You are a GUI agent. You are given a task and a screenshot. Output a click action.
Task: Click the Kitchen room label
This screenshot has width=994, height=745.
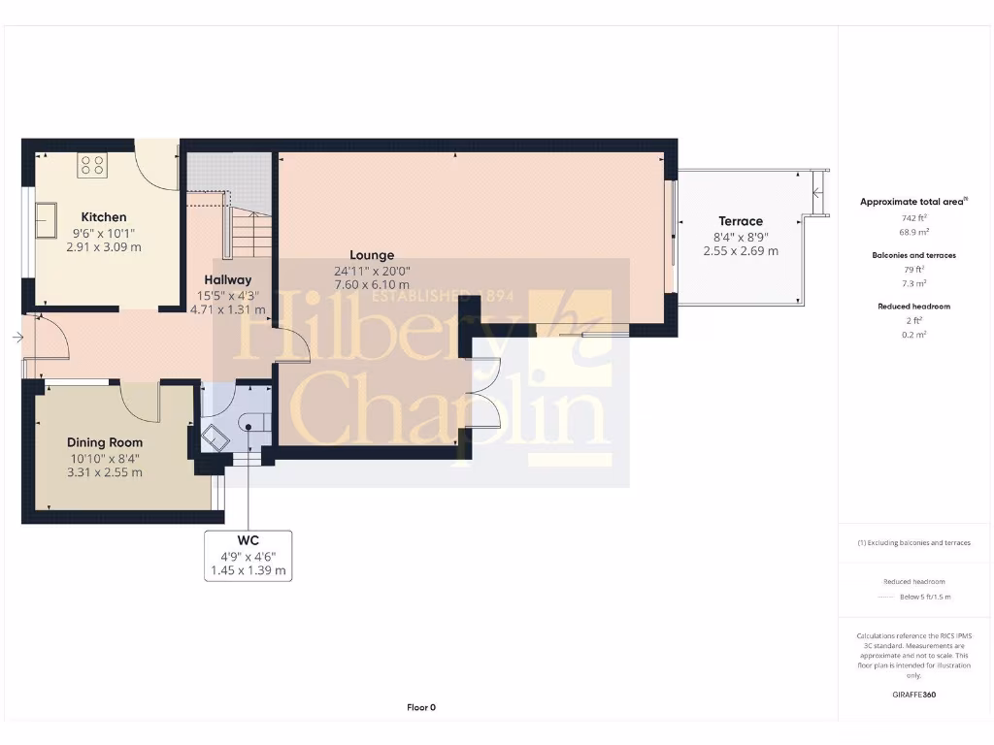point(104,217)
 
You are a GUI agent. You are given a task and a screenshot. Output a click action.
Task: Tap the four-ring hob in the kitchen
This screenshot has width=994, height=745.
point(93,166)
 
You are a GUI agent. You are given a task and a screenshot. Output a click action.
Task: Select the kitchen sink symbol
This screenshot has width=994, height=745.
point(46,221)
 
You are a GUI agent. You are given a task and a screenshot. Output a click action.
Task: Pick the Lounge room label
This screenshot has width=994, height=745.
point(372,256)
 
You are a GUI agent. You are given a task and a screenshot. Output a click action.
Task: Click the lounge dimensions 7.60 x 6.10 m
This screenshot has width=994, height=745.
point(372,285)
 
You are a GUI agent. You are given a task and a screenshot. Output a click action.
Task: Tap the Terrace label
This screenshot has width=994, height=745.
point(741,221)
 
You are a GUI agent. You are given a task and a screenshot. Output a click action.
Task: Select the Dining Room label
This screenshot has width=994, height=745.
point(105,443)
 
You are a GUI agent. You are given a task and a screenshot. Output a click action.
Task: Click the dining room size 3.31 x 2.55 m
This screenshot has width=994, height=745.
point(105,473)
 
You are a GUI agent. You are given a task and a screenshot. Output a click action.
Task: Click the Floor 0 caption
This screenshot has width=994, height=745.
point(421,707)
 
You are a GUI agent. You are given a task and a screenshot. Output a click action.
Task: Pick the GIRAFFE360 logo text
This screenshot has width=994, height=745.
point(913,695)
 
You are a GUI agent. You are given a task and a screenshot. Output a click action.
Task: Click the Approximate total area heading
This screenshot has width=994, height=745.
point(913,202)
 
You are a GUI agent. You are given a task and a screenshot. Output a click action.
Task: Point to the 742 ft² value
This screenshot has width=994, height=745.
point(913,218)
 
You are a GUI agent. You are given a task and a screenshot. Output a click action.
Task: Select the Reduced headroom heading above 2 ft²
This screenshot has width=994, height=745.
point(913,307)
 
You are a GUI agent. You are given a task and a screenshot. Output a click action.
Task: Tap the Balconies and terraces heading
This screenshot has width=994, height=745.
point(913,255)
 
